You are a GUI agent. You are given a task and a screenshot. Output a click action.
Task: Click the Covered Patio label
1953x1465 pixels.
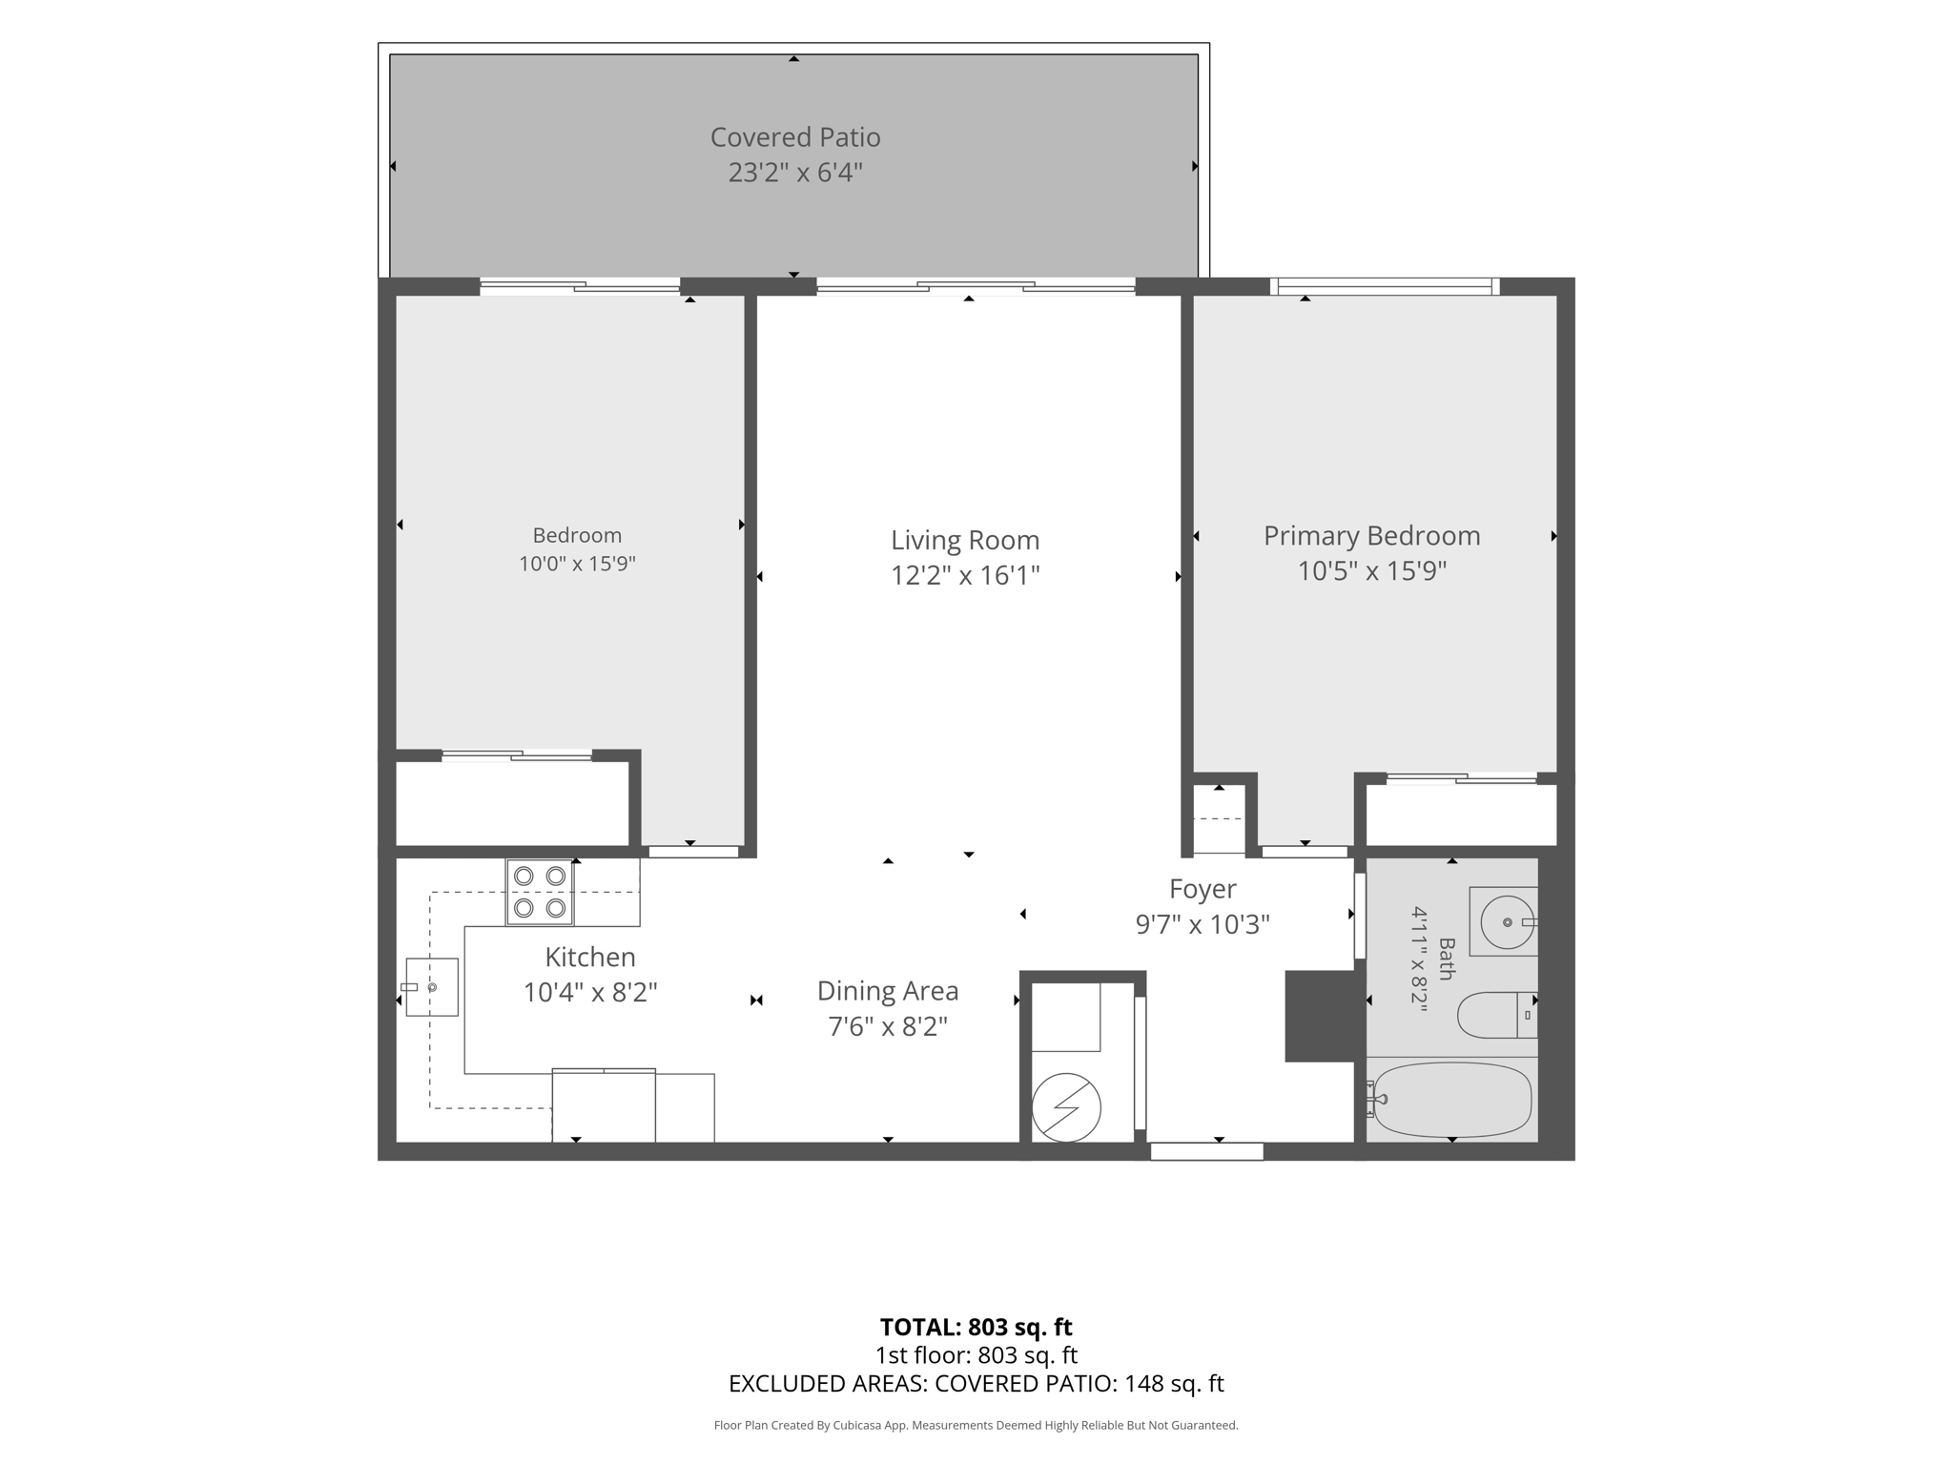click(795, 137)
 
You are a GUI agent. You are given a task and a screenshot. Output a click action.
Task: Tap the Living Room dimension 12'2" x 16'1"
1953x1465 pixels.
click(965, 576)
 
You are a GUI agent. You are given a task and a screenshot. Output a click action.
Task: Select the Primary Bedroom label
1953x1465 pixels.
click(1372, 536)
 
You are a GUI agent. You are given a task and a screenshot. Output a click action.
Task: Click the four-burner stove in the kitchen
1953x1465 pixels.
click(540, 892)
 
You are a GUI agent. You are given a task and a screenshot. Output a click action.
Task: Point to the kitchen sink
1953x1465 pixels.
click(432, 987)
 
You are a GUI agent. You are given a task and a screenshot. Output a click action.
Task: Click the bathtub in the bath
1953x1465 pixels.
click(1450, 1100)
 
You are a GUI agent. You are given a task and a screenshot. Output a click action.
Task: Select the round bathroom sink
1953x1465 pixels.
click(1507, 922)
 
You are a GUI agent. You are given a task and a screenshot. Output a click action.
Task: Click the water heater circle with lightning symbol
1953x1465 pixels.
click(1066, 1107)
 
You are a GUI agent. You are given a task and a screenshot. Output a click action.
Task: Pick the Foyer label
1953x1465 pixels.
click(1203, 889)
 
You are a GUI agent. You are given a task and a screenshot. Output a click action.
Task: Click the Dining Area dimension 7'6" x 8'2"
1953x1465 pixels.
click(888, 1027)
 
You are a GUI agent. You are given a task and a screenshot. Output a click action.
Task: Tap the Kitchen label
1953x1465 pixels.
click(590, 957)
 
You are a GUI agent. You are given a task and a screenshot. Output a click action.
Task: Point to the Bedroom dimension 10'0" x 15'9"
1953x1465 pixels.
click(577, 564)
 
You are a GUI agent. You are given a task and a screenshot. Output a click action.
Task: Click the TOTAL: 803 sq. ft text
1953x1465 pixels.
click(976, 1327)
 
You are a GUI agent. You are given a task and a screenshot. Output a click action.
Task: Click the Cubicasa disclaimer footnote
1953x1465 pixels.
click(976, 1426)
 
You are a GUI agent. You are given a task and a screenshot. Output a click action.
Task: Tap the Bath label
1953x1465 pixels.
click(1447, 959)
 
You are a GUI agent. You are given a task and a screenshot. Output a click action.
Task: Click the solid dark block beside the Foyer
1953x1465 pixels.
click(1320, 1016)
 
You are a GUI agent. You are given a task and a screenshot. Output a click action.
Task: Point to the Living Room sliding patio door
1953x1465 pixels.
click(976, 285)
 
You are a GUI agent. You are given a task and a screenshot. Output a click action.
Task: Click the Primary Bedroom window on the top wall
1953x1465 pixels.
click(1385, 285)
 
